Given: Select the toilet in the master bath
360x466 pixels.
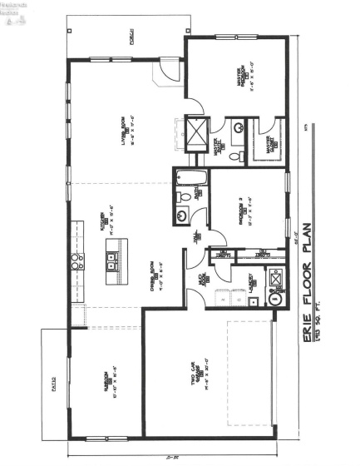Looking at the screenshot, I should [x=237, y=156].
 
